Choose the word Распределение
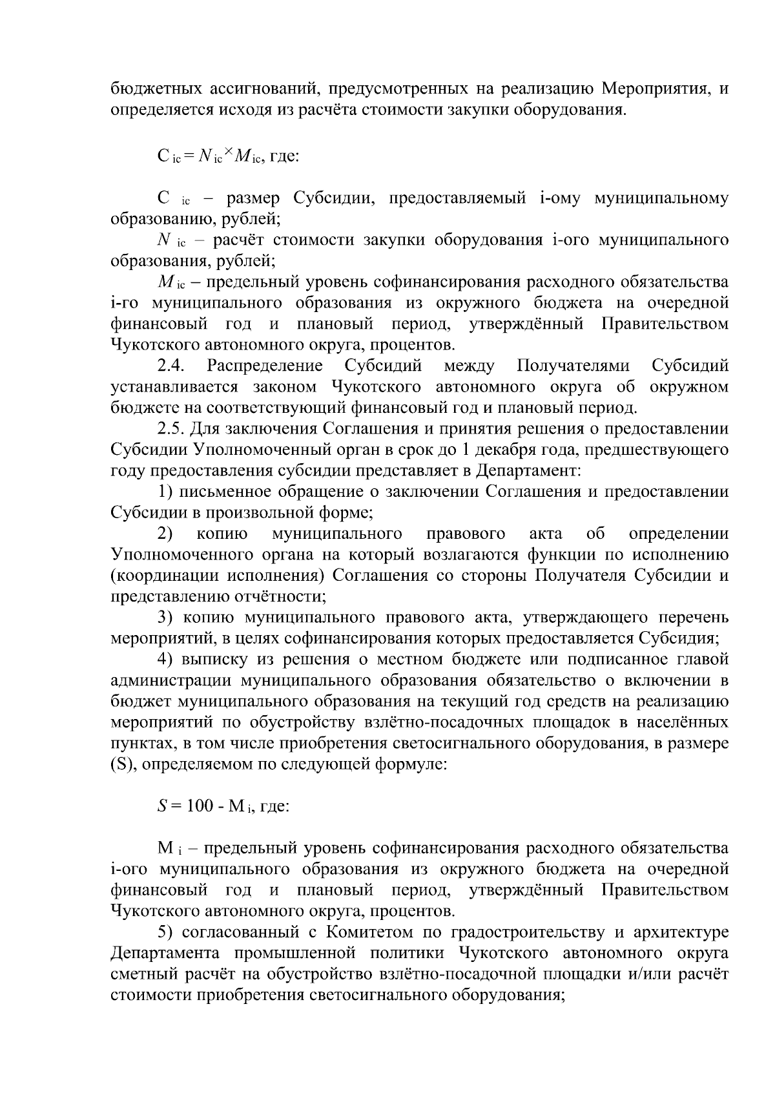[x=265, y=366]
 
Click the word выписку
[x=218, y=660]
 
